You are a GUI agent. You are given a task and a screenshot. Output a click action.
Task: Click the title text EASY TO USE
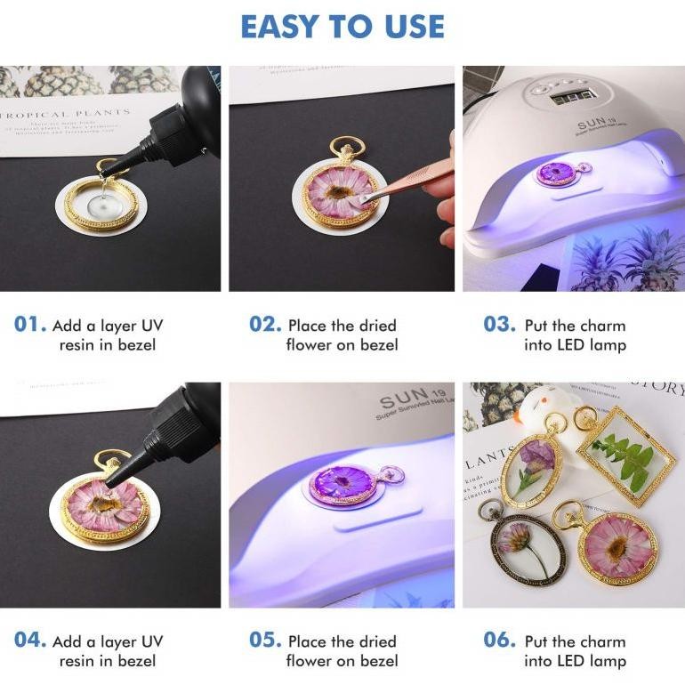click(342, 27)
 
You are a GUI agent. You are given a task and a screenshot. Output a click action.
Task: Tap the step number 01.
click(30, 325)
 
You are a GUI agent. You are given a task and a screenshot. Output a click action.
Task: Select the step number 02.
click(265, 325)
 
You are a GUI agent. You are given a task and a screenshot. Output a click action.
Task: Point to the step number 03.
click(499, 325)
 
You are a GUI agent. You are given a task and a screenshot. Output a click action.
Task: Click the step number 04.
click(30, 641)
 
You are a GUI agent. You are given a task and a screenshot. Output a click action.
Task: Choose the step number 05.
click(265, 641)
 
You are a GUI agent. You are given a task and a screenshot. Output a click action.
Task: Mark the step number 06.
click(499, 641)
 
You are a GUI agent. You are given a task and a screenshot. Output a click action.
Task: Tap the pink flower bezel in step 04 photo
click(105, 505)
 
